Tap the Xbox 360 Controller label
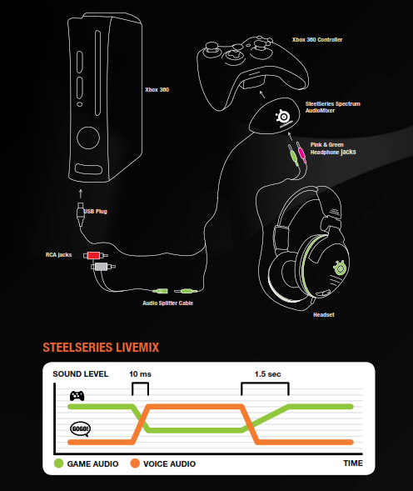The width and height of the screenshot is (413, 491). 316,39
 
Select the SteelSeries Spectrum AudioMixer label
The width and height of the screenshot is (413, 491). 336,107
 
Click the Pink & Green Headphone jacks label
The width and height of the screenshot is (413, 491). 333,148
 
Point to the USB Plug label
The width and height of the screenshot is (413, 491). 95,212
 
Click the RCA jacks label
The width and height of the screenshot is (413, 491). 61,254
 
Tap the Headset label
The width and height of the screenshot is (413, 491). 324,315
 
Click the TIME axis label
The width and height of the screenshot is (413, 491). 352,463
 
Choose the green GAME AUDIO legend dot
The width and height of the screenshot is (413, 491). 58,463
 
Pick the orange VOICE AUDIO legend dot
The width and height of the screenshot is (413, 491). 135,463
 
